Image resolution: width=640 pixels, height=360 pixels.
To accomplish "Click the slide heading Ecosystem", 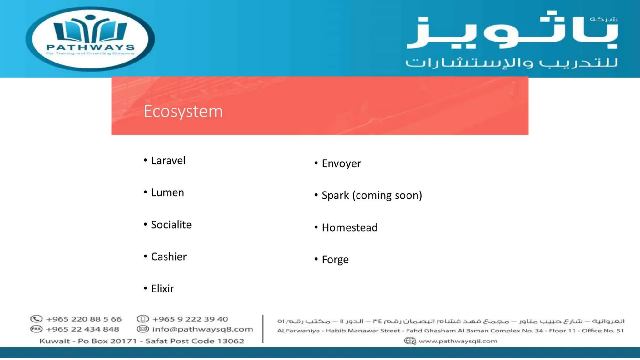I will pyautogui.click(x=183, y=111).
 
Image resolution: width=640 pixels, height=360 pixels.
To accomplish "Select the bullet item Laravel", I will pyautogui.click(x=168, y=161).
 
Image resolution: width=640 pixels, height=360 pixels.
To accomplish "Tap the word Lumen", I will pyautogui.click(x=167, y=192).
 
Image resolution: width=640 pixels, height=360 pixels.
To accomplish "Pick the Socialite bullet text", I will pyautogui.click(x=171, y=225).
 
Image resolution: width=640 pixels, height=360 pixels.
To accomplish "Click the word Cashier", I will pyautogui.click(x=169, y=257).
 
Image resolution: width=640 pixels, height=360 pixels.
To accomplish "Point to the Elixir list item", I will pyautogui.click(x=162, y=289).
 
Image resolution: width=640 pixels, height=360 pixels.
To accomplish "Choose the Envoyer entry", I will pyautogui.click(x=341, y=163).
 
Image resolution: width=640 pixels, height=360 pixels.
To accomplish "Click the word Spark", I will pyautogui.click(x=335, y=195).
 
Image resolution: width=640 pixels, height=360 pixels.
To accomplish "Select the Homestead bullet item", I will pyautogui.click(x=350, y=227).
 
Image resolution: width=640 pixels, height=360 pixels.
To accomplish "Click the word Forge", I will pyautogui.click(x=335, y=260).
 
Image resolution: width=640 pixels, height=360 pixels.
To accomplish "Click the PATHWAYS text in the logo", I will pyautogui.click(x=90, y=47).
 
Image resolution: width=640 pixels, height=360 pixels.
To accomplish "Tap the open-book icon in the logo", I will pyautogui.click(x=90, y=30).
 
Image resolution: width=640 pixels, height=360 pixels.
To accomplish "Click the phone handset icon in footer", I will pyautogui.click(x=36, y=319).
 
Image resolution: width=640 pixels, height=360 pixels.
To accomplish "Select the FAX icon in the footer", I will pyautogui.click(x=36, y=329).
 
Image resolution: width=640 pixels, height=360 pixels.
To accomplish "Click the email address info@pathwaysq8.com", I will pyautogui.click(x=202, y=329).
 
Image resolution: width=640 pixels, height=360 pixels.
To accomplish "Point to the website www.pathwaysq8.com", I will pyautogui.click(x=458, y=341).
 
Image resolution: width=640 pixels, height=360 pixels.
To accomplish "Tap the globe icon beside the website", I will pyautogui.click(x=410, y=341).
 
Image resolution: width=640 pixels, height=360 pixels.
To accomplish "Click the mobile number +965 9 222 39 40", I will pyautogui.click(x=190, y=319).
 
